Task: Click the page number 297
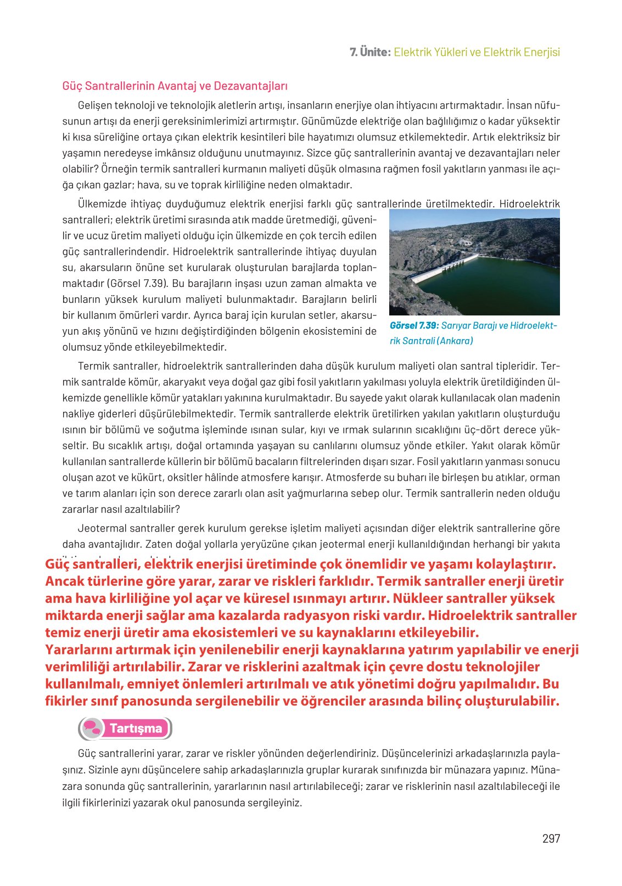pos(551,838)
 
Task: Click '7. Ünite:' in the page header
pos(370,52)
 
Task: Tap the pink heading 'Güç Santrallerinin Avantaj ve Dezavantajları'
pos(175,86)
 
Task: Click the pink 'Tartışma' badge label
pos(136,729)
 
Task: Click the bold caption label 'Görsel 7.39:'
pos(414,325)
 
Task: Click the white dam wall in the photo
pos(442,268)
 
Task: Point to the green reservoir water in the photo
pos(494,285)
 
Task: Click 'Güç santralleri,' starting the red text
pos(90,564)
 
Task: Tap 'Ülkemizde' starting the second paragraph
pos(101,204)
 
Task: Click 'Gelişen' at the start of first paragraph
pos(94,105)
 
